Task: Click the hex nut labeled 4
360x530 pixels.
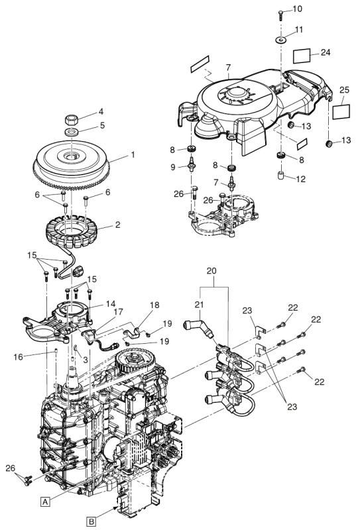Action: coord(72,119)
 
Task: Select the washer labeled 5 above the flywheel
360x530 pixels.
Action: coord(72,131)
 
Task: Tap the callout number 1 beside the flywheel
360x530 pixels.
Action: coord(133,154)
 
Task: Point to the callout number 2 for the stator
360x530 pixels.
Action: coord(117,225)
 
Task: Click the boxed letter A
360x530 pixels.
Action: coord(45,502)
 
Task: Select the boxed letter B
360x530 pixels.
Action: coord(91,521)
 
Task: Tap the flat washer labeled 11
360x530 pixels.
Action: coord(280,40)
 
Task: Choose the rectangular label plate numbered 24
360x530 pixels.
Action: coord(301,56)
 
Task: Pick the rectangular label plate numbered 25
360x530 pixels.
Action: coord(341,111)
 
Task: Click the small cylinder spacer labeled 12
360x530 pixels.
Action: coord(281,176)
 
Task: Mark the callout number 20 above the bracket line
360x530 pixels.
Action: coord(211,271)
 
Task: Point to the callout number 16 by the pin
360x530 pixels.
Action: coord(19,356)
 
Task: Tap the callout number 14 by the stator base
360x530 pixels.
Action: coord(111,303)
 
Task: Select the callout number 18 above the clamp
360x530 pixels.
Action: coord(154,305)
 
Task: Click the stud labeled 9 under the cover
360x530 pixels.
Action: coord(192,164)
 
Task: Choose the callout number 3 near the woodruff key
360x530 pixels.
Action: coord(86,360)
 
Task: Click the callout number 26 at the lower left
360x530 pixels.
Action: coord(11,468)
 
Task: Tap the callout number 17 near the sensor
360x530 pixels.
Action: coord(119,311)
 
